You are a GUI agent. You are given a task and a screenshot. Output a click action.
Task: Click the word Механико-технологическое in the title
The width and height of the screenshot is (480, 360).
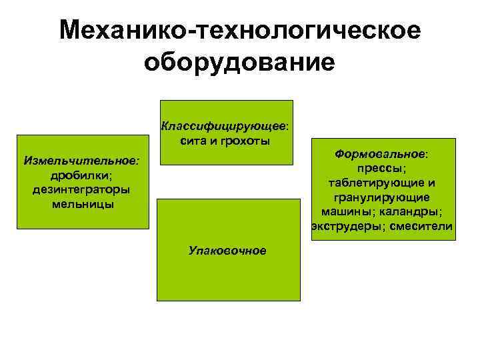click(239, 30)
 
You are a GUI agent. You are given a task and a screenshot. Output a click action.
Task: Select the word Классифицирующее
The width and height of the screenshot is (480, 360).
click(222, 125)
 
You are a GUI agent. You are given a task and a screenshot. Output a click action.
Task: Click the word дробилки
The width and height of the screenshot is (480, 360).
click(81, 175)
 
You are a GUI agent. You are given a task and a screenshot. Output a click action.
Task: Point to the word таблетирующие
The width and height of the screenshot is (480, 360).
click(375, 183)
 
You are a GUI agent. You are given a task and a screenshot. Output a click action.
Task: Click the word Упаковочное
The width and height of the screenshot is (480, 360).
click(227, 251)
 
